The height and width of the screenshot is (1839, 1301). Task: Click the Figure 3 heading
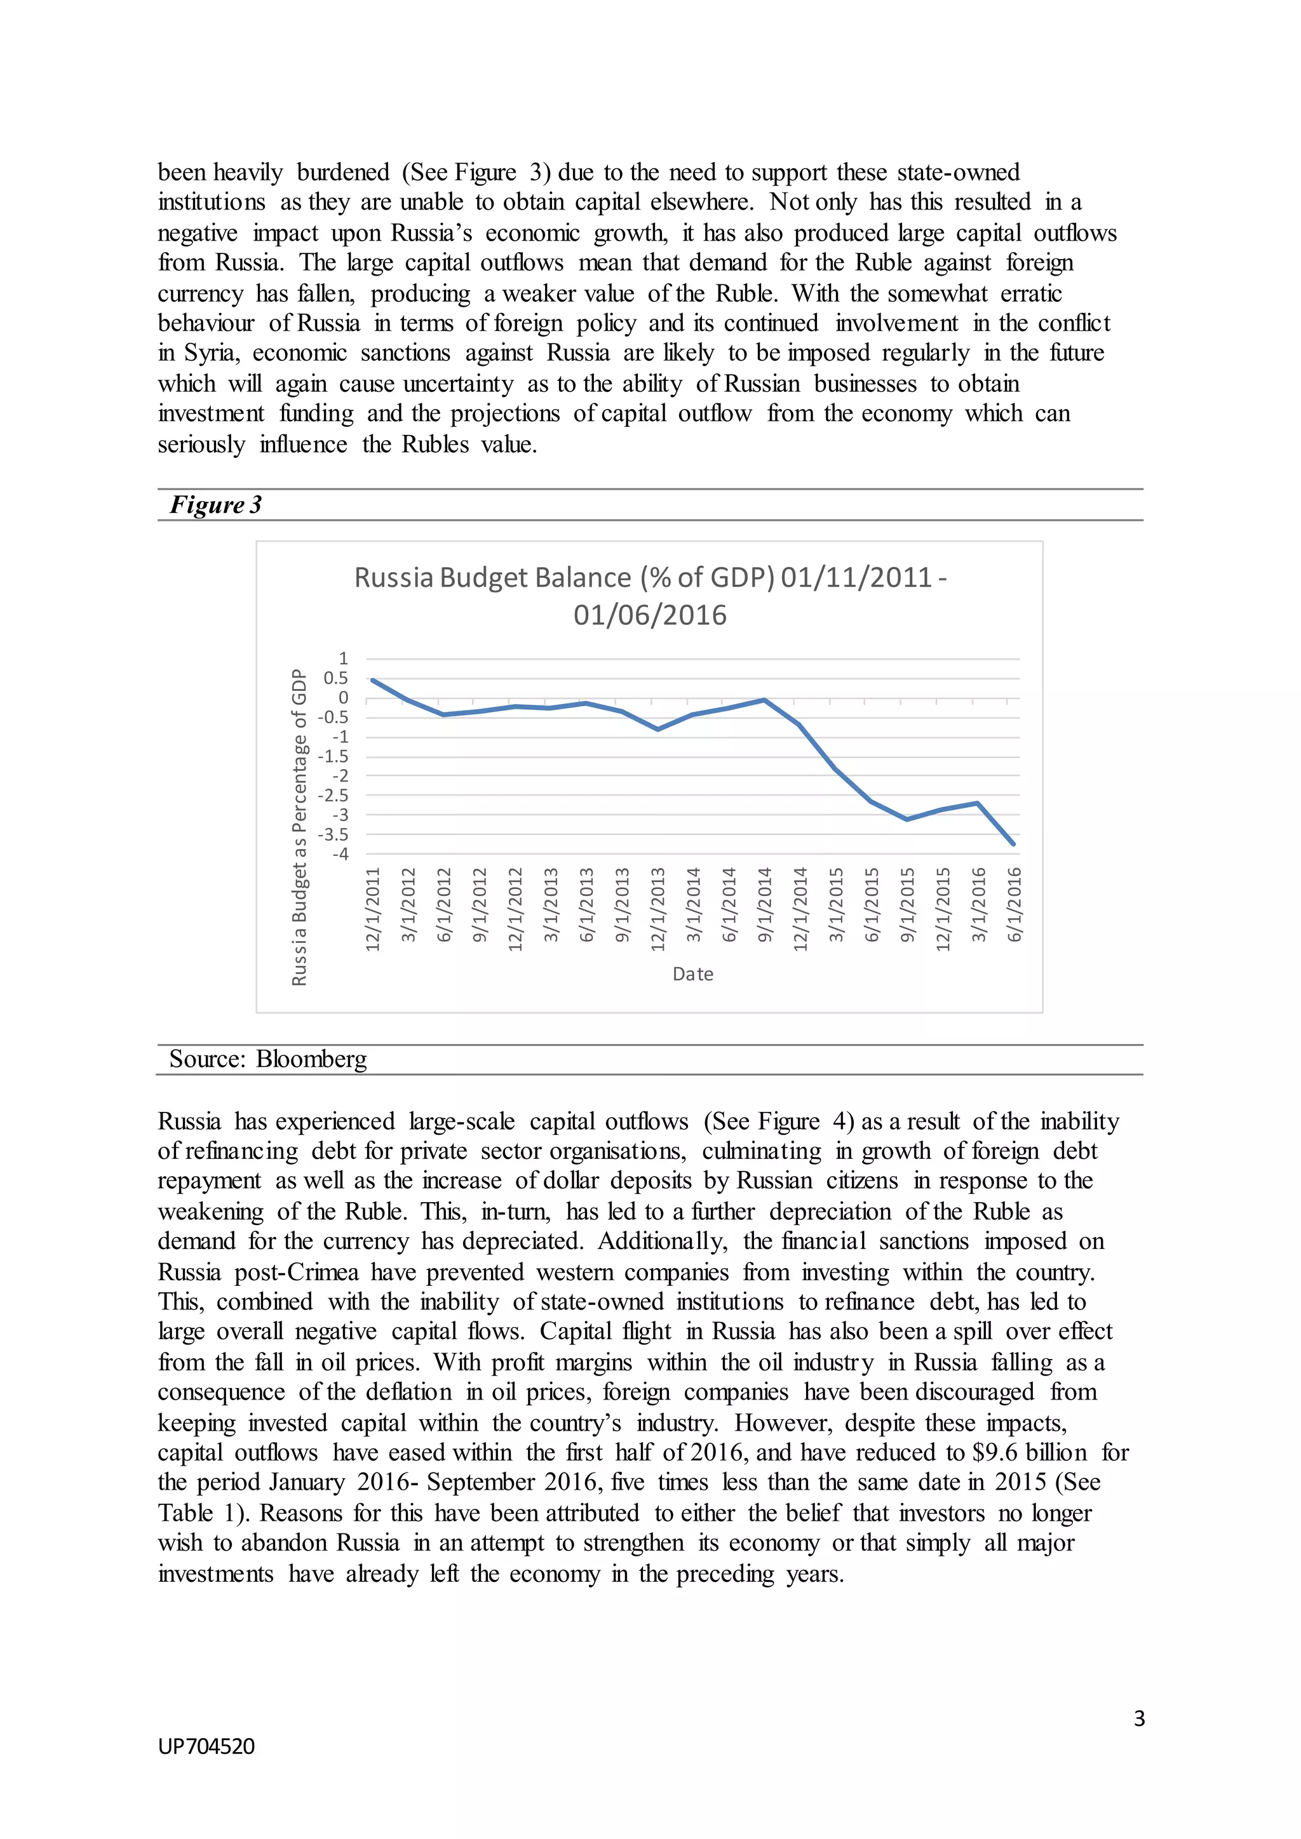(x=215, y=505)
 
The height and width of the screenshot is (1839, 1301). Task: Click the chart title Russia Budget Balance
(x=650, y=595)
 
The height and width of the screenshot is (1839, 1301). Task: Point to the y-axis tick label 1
(x=344, y=659)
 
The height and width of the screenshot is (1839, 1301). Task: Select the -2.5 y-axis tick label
(x=334, y=795)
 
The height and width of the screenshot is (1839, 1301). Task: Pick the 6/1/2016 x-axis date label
(x=1015, y=904)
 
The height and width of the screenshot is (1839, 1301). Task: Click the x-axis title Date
(x=692, y=974)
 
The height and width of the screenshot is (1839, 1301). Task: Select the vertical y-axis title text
(x=299, y=827)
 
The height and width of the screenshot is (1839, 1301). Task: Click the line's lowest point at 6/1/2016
(x=1013, y=843)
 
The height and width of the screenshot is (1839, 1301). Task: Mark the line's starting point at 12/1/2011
(x=372, y=680)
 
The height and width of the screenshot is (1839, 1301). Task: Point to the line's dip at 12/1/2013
(x=657, y=730)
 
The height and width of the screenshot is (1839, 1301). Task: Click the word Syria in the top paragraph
(x=211, y=353)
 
